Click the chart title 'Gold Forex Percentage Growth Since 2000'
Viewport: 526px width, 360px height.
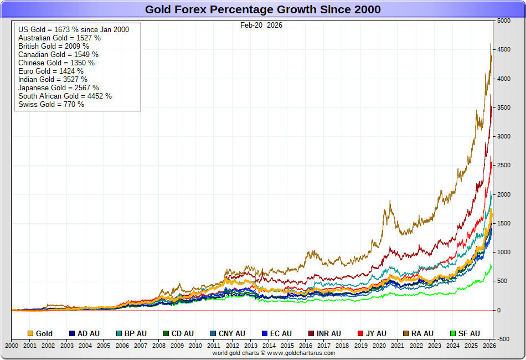click(x=262, y=9)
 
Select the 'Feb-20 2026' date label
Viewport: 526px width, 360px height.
click(x=261, y=25)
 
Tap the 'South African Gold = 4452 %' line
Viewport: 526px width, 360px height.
click(x=65, y=96)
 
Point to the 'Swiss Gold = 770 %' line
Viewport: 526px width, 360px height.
click(x=51, y=104)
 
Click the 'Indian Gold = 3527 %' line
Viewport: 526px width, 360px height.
click(x=53, y=79)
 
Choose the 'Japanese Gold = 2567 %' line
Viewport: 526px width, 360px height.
click(x=59, y=88)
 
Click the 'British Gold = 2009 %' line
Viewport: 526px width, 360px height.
click(x=54, y=46)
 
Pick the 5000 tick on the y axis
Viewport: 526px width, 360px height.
click(x=503, y=21)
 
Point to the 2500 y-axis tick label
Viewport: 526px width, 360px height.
click(x=503, y=166)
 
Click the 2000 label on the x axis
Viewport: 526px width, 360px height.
click(x=12, y=346)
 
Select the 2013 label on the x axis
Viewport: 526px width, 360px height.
click(x=250, y=346)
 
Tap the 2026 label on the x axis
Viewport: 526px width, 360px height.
click(x=489, y=346)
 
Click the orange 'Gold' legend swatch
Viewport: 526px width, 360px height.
click(x=30, y=333)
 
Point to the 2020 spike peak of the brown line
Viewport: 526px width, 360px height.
click(x=390, y=201)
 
